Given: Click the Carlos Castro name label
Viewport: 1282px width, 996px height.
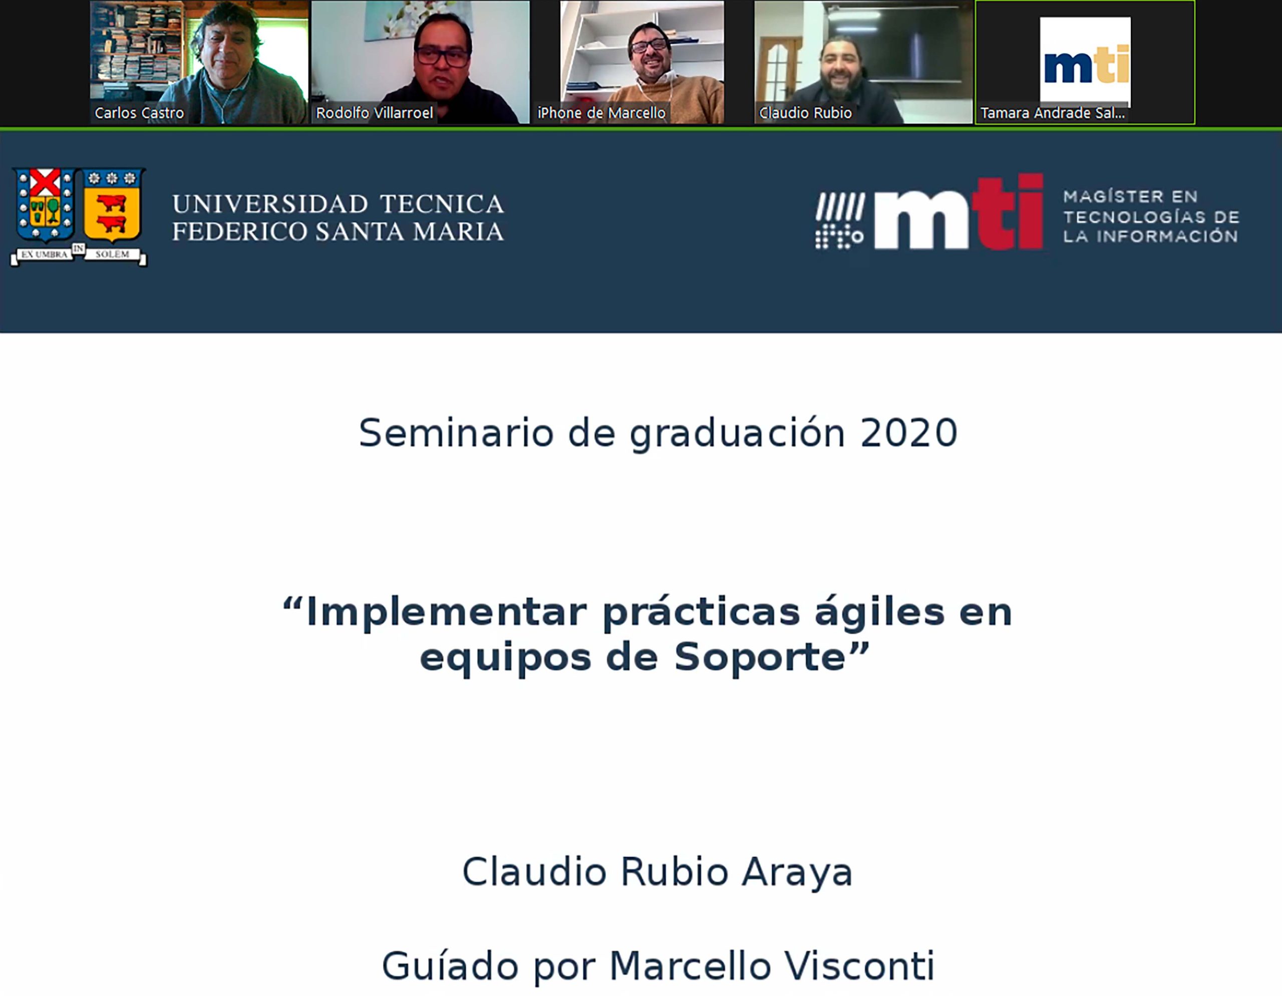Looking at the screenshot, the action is (x=139, y=113).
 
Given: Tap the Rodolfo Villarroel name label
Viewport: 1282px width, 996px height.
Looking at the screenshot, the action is (x=375, y=113).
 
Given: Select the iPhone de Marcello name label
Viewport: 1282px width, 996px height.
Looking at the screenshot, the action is (x=601, y=113).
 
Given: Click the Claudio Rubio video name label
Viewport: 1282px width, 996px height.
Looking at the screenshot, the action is (x=805, y=113).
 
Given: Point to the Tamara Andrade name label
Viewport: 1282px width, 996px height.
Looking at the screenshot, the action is (x=1053, y=113).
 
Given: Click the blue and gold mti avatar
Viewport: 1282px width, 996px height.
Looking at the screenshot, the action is (x=1085, y=61).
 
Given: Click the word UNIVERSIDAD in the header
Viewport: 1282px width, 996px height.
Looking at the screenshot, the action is (x=270, y=204).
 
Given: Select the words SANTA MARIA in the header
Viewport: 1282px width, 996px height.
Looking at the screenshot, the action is (x=410, y=232).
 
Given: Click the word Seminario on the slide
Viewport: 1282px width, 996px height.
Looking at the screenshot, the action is (x=456, y=433).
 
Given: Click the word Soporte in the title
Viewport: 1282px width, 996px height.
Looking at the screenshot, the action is (x=760, y=657).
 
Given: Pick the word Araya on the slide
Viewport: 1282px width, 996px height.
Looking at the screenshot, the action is (x=797, y=873).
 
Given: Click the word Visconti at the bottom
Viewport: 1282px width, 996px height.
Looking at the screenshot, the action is (x=859, y=966).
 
